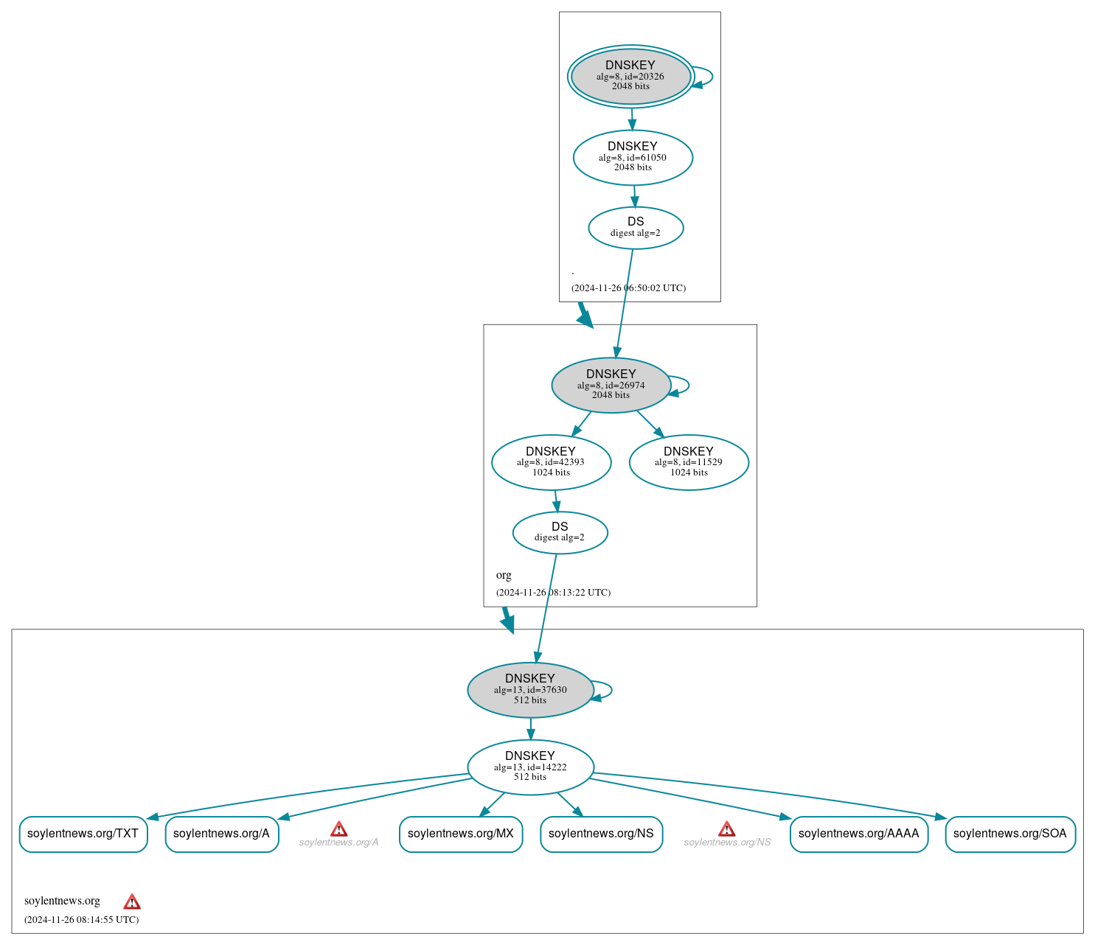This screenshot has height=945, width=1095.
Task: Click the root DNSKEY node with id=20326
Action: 630,76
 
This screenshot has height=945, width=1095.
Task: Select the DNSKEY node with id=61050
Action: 633,157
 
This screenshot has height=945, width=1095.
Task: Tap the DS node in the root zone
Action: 636,228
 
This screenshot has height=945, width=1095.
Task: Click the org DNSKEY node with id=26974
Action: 611,385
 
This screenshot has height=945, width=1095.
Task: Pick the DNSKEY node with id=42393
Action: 551,462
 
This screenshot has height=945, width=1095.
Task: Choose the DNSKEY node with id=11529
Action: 689,462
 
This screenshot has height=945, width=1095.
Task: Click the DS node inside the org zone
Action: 560,532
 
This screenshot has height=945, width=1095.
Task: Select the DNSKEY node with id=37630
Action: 530,690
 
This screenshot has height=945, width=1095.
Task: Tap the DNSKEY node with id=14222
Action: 530,767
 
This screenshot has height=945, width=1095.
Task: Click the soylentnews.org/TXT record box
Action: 83,834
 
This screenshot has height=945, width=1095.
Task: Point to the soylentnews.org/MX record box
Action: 461,834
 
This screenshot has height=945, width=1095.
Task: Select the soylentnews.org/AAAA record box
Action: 858,834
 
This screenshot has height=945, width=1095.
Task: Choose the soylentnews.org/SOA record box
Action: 1009,834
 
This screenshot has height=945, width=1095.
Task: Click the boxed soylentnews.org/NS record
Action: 601,834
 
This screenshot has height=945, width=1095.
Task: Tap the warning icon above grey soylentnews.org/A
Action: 339,829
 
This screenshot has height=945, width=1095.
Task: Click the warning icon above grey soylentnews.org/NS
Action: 727,829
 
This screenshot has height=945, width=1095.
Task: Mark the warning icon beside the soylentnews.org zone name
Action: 132,902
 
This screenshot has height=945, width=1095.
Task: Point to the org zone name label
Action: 504,575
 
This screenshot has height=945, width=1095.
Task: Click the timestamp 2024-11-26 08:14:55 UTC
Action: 81,919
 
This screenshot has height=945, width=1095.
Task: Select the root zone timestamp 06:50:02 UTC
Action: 628,288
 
